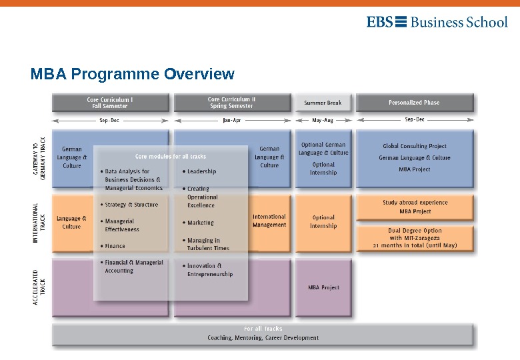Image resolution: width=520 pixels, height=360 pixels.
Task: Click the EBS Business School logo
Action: (x=437, y=22)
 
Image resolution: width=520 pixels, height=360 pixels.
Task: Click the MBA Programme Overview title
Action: (x=132, y=74)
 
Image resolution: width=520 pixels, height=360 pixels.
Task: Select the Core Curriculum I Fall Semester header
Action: (x=110, y=103)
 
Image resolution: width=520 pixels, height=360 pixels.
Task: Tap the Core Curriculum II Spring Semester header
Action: (x=231, y=103)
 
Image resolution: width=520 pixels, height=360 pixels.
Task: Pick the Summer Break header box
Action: (x=323, y=103)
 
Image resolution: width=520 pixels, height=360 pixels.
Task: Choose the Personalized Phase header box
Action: (x=414, y=103)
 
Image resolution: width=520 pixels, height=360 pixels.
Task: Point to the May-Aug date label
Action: (x=323, y=120)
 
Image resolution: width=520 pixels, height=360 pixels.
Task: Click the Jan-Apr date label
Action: (x=231, y=120)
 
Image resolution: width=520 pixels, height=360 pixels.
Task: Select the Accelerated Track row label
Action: (x=39, y=287)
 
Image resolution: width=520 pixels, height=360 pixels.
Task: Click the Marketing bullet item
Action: (x=200, y=223)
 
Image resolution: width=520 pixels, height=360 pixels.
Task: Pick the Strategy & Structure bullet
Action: (x=131, y=205)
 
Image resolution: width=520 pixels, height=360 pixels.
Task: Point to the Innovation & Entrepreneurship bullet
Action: (x=209, y=269)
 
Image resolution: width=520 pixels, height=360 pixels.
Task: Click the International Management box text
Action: (x=269, y=221)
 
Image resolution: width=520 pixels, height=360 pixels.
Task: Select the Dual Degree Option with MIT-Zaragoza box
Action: (x=415, y=238)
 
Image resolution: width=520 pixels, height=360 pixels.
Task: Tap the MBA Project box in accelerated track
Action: (x=323, y=287)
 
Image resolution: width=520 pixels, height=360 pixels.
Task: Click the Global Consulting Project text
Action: (x=415, y=146)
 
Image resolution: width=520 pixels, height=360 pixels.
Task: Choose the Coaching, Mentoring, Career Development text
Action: (x=263, y=338)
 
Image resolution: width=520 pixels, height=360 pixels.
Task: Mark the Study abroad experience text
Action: (x=415, y=203)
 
